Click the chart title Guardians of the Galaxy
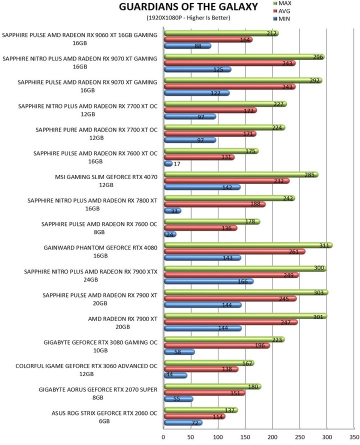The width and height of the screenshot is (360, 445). tap(188, 6)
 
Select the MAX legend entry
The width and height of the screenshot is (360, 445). tap(282, 3)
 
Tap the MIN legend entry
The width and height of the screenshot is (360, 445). tap(281, 18)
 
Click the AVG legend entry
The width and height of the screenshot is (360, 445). tap(281, 11)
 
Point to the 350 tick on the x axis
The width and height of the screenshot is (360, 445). tap(354, 437)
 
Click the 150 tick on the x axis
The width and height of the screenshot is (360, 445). tap(245, 437)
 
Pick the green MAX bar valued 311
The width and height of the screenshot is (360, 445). tap(248, 245)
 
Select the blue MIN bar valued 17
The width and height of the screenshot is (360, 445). tap(168, 164)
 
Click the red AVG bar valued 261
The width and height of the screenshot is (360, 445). tap(235, 251)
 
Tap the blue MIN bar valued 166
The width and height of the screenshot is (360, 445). tap(208, 281)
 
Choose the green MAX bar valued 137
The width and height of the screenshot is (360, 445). tap(200, 410)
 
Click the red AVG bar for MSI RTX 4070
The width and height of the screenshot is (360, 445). tap(227, 181)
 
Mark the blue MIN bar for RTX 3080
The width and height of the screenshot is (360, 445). tap(179, 352)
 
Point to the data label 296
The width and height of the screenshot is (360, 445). tap(318, 57)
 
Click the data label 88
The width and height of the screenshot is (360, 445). tap(198, 46)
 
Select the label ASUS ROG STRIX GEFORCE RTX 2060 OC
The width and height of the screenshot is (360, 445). tap(104, 417)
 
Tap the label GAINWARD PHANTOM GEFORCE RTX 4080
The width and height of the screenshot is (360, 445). tap(100, 251)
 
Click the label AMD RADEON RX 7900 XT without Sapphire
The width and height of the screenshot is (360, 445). tap(122, 323)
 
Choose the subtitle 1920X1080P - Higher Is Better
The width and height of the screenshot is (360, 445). tap(188, 17)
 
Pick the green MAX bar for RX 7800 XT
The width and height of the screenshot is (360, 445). tap(229, 198)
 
